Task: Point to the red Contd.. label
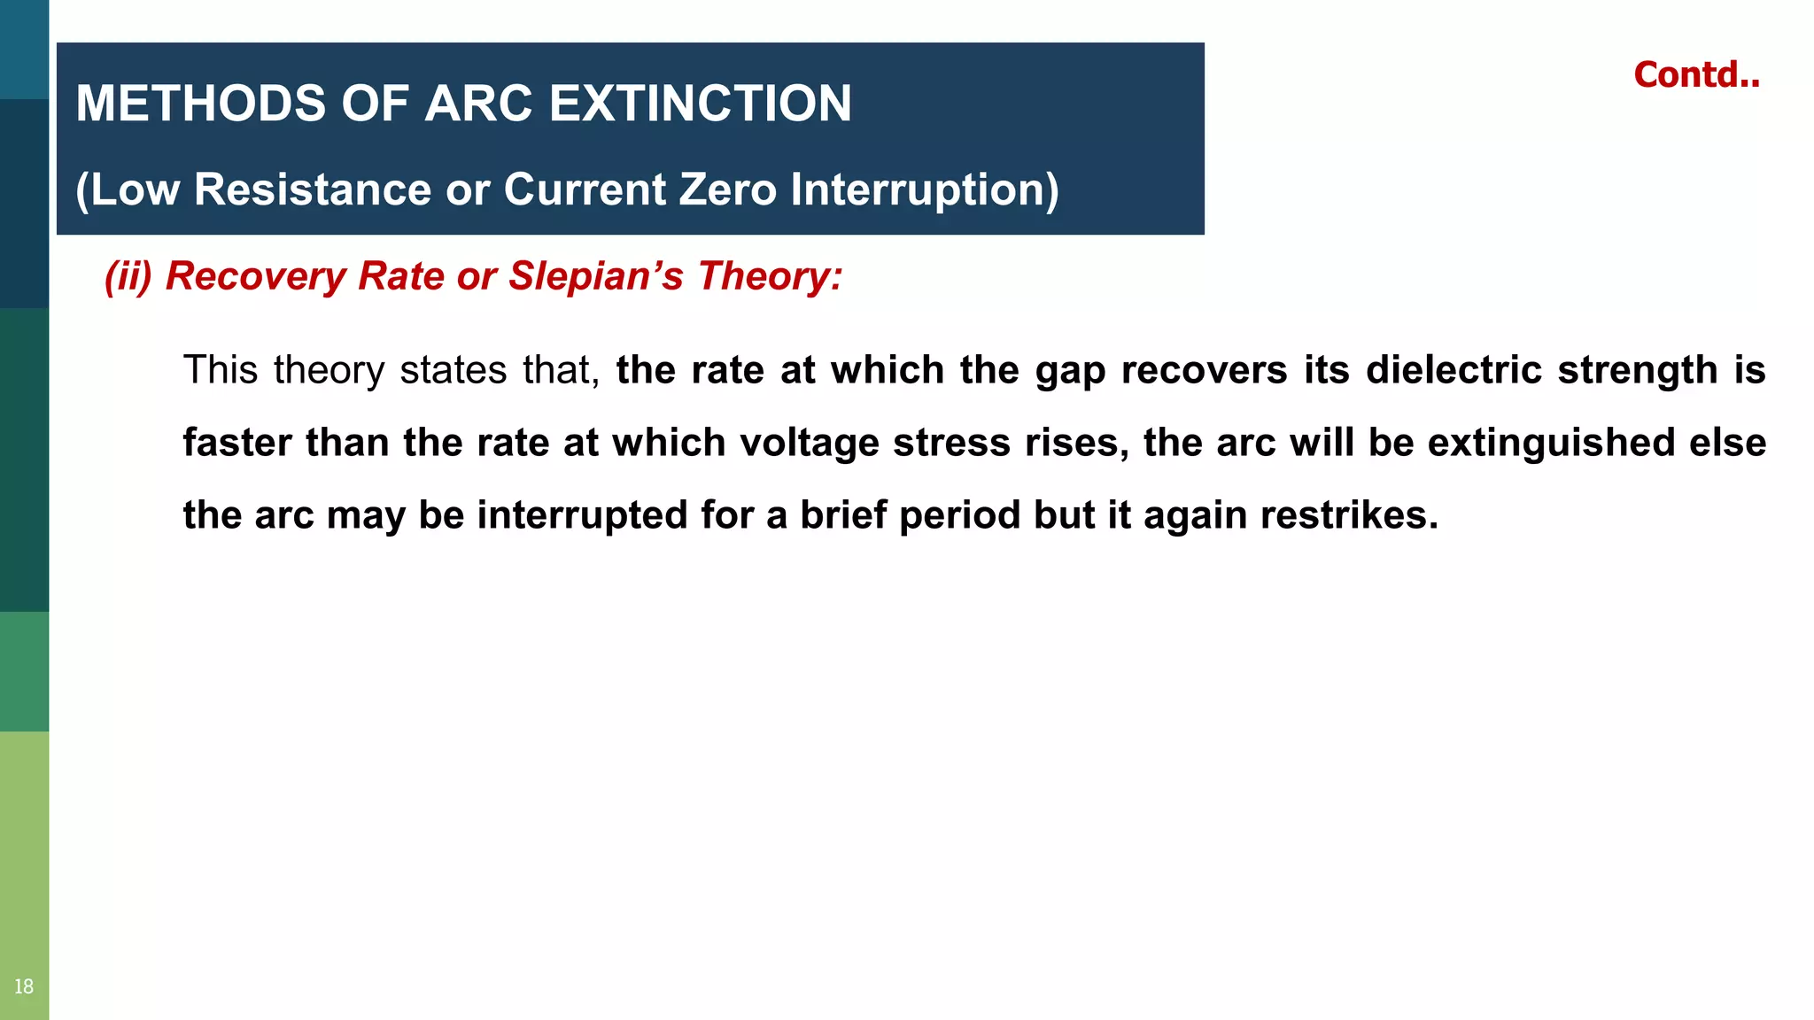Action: click(1696, 75)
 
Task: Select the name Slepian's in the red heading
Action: click(595, 276)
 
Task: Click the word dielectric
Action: click(1454, 370)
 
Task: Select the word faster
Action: click(236, 443)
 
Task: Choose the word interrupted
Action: click(582, 515)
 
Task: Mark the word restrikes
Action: click(1349, 515)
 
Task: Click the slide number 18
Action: click(24, 986)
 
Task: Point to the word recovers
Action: click(1204, 370)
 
